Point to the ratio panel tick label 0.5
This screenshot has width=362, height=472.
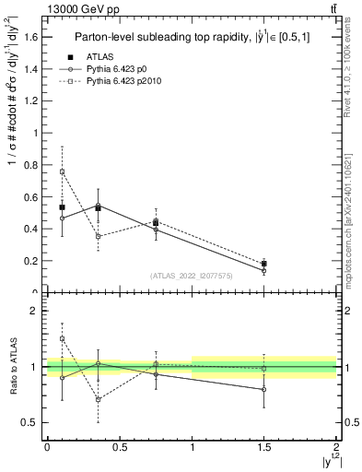pyautogui.click(x=29, y=423)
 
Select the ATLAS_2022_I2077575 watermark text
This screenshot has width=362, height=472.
pyautogui.click(x=191, y=276)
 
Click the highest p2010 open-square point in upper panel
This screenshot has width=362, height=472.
pyautogui.click(x=62, y=171)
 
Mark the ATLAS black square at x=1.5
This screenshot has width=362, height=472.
pyautogui.click(x=264, y=264)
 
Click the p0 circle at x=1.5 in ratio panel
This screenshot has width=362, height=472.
pyautogui.click(x=264, y=389)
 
